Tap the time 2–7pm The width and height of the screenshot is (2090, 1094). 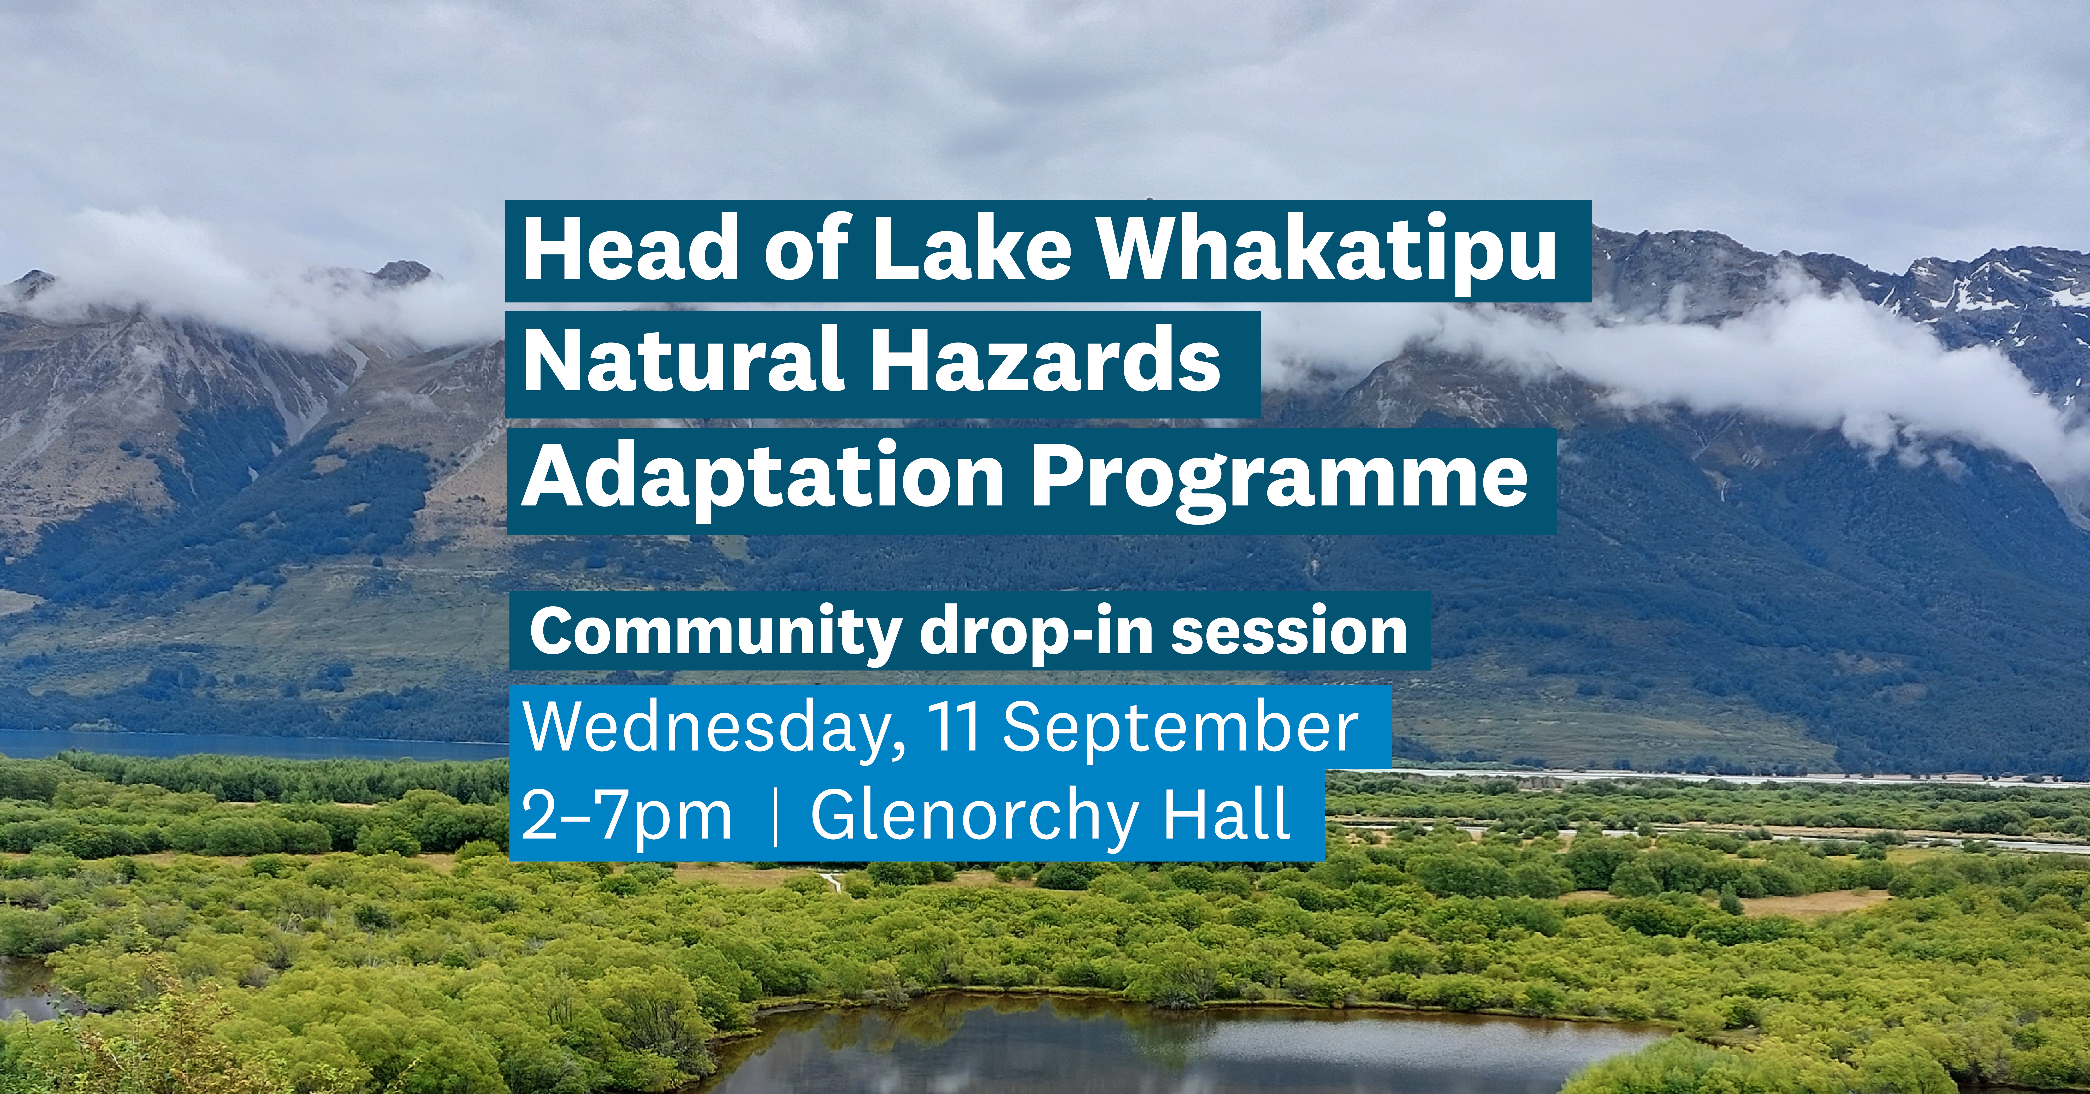[x=626, y=815]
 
